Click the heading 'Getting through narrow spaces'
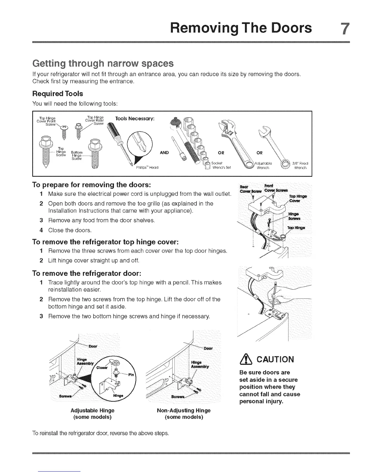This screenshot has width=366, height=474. pos(103,64)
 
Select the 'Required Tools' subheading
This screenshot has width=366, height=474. pos(57,94)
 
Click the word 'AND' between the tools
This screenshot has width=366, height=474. pos(164,153)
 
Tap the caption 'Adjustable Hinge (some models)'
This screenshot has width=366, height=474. pos(92,414)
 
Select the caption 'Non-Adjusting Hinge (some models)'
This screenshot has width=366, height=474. pos(184,414)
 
